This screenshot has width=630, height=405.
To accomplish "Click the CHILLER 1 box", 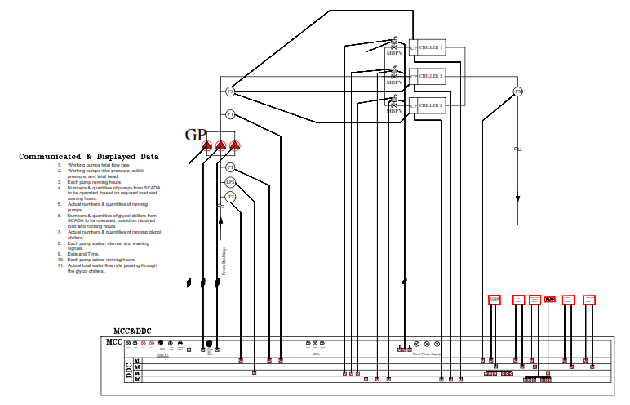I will (432, 48).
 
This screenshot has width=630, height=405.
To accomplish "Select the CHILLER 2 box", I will (432, 77).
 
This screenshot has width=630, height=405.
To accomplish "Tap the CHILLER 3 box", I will (432, 105).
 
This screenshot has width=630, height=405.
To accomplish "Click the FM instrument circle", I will (517, 91).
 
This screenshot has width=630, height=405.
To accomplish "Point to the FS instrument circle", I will (230, 91).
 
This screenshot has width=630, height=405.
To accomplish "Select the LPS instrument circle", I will (230, 182).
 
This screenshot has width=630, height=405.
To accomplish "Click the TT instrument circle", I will (230, 197).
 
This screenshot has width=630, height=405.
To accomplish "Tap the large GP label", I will (195, 135).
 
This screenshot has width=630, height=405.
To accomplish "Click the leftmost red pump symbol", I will (206, 146).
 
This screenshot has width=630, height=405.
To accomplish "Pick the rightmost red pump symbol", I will (235, 146).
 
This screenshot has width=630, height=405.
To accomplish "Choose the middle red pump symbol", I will (220, 146).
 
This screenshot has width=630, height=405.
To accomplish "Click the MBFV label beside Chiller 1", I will (394, 54).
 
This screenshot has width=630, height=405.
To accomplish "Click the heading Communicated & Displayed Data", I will (89, 156).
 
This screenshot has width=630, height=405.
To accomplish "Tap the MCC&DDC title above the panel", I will (132, 331).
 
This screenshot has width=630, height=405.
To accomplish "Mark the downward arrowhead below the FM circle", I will (517, 199).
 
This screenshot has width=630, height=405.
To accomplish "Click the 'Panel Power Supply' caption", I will (427, 354).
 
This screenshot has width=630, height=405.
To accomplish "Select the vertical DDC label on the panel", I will (129, 372).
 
